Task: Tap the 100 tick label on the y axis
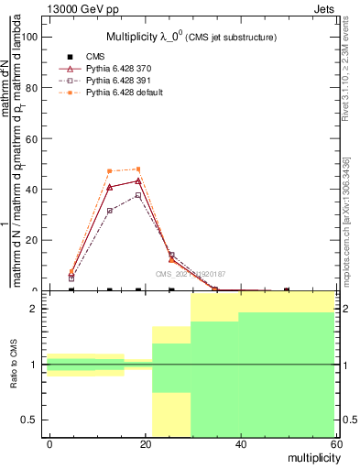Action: (x=27, y=37)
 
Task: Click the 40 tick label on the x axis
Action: (x=239, y=444)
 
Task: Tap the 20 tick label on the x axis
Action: (x=145, y=444)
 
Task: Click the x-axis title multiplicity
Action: (x=310, y=456)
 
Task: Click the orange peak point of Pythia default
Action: (x=138, y=169)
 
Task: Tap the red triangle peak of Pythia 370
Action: (x=138, y=180)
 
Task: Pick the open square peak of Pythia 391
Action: (x=138, y=195)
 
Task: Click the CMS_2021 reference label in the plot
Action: (x=191, y=274)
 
